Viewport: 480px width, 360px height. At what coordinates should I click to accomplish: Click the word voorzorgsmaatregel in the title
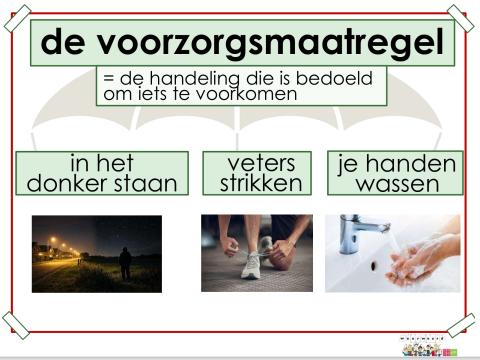pos(272,42)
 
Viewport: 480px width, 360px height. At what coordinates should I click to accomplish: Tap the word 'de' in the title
pos(66,42)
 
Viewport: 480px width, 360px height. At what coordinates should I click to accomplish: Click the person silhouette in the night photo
pos(124,264)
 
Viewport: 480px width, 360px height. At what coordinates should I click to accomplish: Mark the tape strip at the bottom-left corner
pos(17,322)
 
